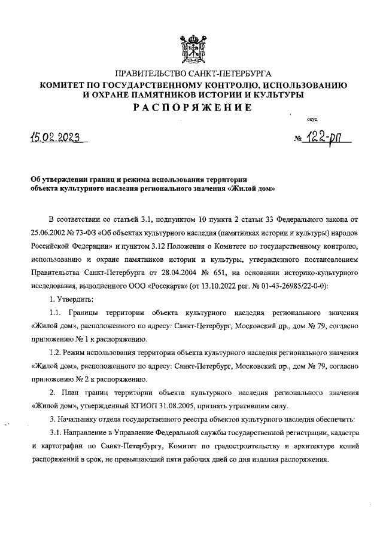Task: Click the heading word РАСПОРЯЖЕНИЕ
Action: pyautogui.click(x=192, y=108)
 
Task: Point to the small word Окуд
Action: pyautogui.click(x=312, y=120)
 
